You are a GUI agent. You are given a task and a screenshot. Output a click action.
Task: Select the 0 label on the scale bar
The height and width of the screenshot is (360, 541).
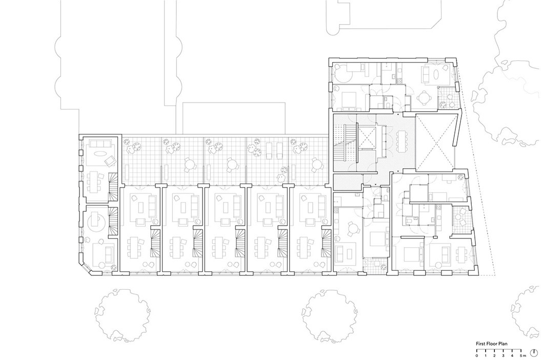coord(477,355)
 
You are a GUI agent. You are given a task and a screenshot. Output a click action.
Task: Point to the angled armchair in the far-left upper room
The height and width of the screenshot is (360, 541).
coord(110,162)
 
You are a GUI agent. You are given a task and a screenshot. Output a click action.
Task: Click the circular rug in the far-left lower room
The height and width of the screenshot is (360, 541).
coord(97,224)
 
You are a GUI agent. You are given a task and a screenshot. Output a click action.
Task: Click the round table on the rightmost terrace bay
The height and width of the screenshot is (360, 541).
coord(314,164)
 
